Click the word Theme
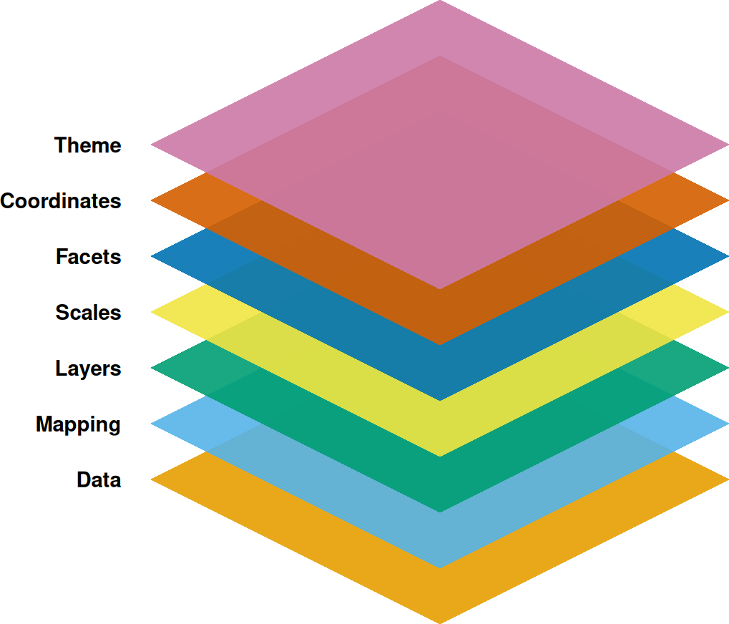point(88,145)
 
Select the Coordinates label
point(61,201)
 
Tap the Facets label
point(89,257)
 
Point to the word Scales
point(88,313)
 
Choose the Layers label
point(88,369)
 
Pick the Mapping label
point(79,424)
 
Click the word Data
point(99,480)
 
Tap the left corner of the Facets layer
point(153,257)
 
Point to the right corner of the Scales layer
point(726,313)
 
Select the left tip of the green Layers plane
point(153,369)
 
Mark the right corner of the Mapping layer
point(726,424)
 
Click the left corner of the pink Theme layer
point(153,145)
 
